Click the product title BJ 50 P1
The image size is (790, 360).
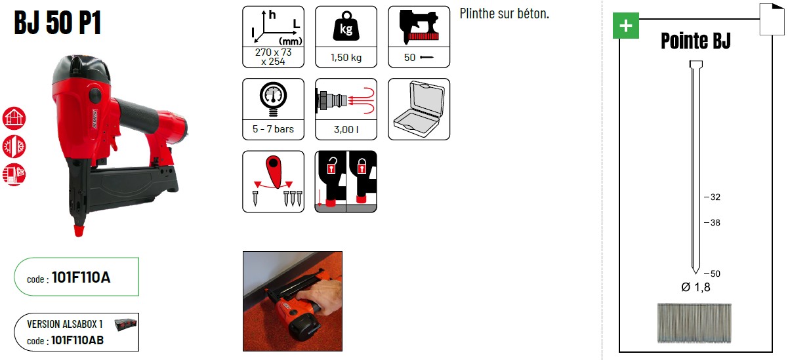click(x=58, y=22)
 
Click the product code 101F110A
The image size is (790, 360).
click(x=81, y=277)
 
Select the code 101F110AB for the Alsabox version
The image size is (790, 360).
click(x=77, y=340)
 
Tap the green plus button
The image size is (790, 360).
click(x=626, y=26)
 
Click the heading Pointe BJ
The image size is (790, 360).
click(x=696, y=41)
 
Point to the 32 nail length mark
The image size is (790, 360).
click(x=712, y=197)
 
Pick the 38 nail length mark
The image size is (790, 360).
click(x=712, y=223)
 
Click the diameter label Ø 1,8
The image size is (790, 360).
click(x=696, y=287)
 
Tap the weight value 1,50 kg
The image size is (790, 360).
click(x=346, y=58)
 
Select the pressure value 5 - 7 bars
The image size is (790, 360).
click(x=273, y=129)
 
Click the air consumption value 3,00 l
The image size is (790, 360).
click(x=346, y=130)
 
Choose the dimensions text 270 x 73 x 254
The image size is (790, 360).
click(x=274, y=57)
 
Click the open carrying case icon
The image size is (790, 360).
click(x=419, y=109)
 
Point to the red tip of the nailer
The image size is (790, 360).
click(x=79, y=231)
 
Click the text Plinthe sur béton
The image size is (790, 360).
click(x=505, y=14)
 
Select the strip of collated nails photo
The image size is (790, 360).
click(x=694, y=323)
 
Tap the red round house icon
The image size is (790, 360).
click(x=14, y=118)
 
